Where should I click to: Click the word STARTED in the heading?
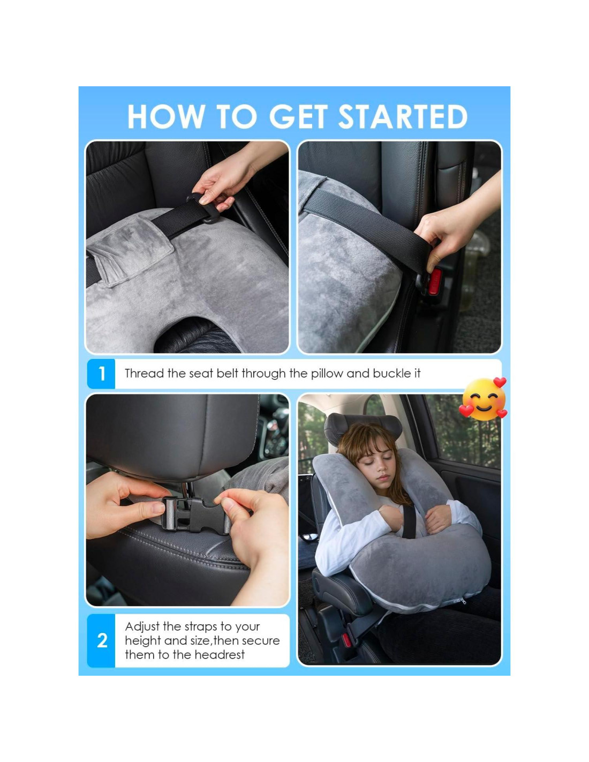(403, 116)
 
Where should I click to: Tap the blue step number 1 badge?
(101, 374)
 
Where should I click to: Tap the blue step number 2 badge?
(101, 641)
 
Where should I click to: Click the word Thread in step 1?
(145, 373)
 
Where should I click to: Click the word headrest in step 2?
(220, 655)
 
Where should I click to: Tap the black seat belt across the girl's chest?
(408, 521)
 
